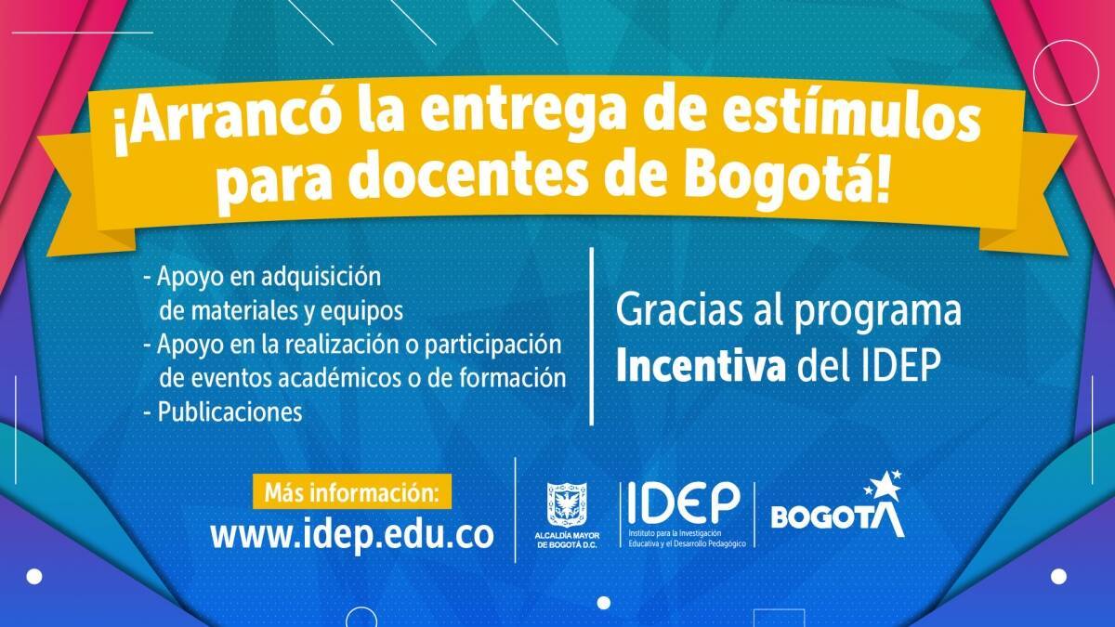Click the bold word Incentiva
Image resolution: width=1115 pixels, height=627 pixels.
(x=701, y=367)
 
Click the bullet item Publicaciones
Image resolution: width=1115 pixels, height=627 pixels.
(x=230, y=412)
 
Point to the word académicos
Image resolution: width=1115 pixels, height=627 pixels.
(x=339, y=378)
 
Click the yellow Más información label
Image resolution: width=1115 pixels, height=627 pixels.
(x=352, y=491)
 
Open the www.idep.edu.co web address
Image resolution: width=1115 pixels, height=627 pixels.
(x=352, y=535)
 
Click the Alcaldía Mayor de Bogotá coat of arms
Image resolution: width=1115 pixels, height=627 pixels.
(x=567, y=504)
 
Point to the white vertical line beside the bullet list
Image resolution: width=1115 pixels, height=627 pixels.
(x=591, y=336)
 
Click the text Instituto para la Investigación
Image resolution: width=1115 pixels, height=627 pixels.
(x=675, y=533)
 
